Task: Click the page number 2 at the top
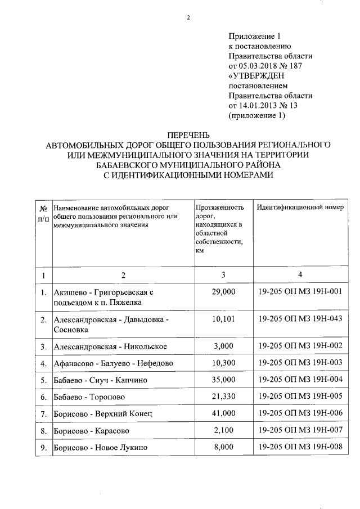click(188, 17)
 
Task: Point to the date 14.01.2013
click(257, 106)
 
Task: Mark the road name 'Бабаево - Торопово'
click(89, 398)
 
